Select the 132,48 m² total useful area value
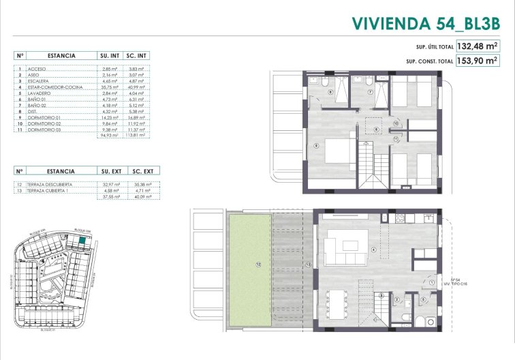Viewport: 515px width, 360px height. click(477, 47)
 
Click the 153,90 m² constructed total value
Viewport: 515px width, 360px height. click(477, 61)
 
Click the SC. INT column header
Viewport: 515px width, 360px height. click(137, 55)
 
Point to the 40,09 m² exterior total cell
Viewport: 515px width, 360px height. click(137, 196)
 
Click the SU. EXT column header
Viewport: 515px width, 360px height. click(110, 172)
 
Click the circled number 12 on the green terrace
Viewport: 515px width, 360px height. click(258, 263)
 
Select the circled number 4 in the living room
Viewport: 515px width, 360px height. click(373, 249)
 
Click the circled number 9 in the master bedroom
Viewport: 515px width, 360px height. click(315, 145)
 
